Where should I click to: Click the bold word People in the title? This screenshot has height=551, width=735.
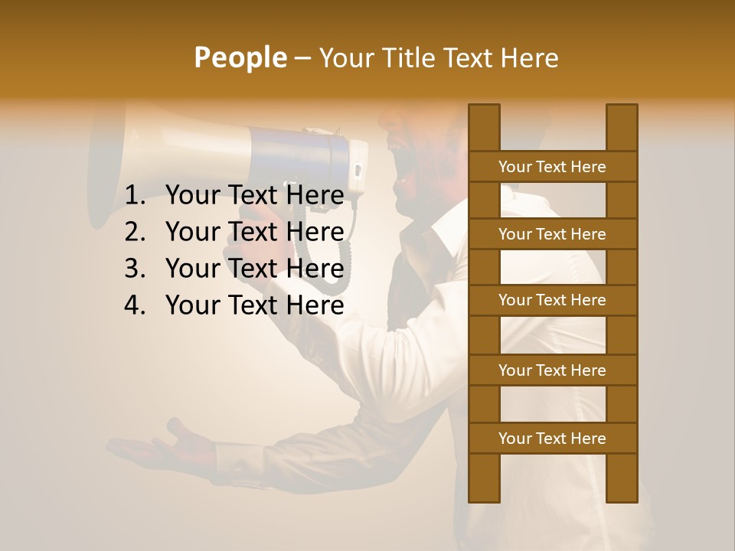point(240,57)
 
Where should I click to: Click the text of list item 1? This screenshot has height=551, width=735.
point(254,196)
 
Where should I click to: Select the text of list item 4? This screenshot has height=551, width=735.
point(254,305)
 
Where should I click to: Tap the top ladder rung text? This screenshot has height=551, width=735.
point(552,167)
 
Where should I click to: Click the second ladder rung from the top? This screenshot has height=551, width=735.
point(552,234)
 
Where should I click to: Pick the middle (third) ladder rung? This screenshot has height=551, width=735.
point(552,300)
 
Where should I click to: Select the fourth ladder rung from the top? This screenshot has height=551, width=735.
point(552,370)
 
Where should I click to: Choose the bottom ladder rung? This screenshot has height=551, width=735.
point(552,439)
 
